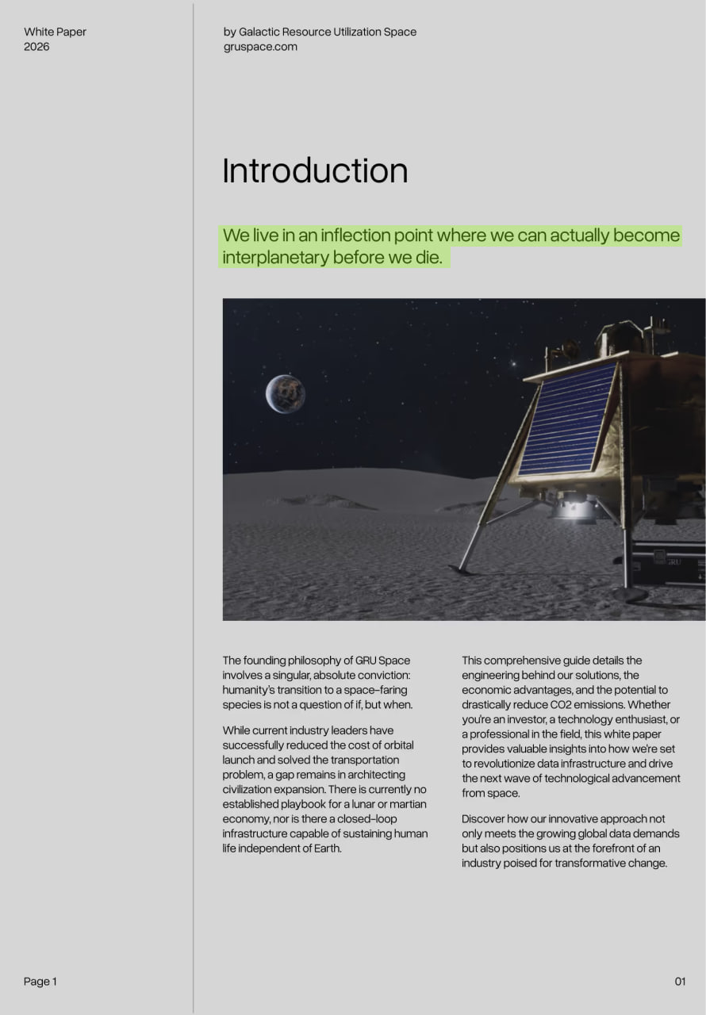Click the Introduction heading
point(315,170)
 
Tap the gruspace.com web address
point(260,47)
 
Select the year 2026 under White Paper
point(36,47)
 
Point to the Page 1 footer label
point(40,982)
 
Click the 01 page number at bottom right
point(680,982)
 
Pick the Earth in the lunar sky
point(285,394)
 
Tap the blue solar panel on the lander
point(567,420)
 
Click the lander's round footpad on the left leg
point(462,569)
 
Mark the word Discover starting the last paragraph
point(485,819)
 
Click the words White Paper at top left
point(55,32)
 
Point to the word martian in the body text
point(406,805)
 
